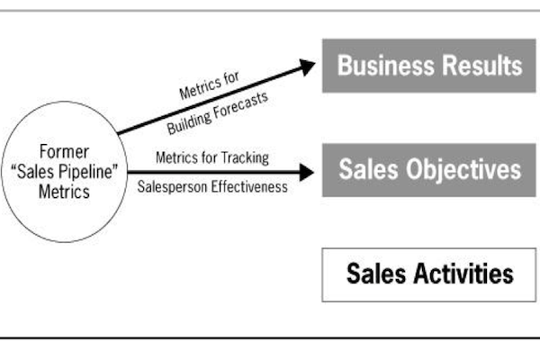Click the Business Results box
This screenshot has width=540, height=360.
click(429, 65)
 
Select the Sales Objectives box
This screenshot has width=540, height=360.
click(429, 169)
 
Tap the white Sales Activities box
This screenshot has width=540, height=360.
click(429, 273)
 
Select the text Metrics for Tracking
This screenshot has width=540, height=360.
click(212, 157)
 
